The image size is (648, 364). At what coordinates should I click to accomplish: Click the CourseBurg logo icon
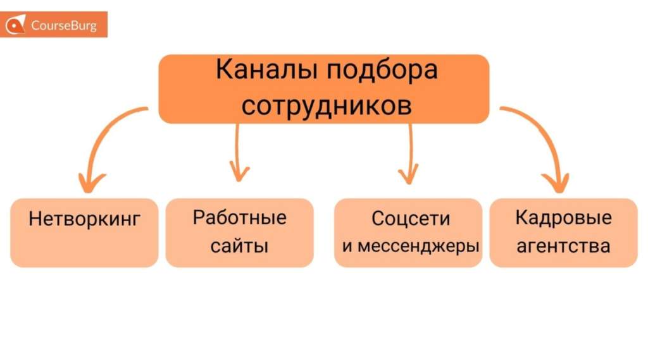tap(15, 25)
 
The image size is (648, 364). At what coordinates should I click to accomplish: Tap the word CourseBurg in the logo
tap(64, 26)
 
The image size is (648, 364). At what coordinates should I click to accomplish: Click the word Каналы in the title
tap(266, 70)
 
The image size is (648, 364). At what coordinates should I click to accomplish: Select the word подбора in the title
tap(382, 70)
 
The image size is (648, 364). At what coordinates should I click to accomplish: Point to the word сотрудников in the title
tap(326, 105)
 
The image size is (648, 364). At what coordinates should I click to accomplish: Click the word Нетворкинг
tap(84, 219)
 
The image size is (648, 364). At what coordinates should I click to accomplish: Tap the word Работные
tap(239, 217)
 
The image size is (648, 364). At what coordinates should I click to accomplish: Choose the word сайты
tap(239, 245)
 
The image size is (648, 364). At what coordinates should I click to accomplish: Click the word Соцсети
tap(411, 219)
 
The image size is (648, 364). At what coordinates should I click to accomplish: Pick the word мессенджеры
tap(418, 246)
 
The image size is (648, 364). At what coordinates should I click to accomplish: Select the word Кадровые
tap(563, 218)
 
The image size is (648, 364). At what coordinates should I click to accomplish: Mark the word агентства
tap(563, 245)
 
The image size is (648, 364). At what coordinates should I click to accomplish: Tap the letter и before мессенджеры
tap(347, 246)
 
